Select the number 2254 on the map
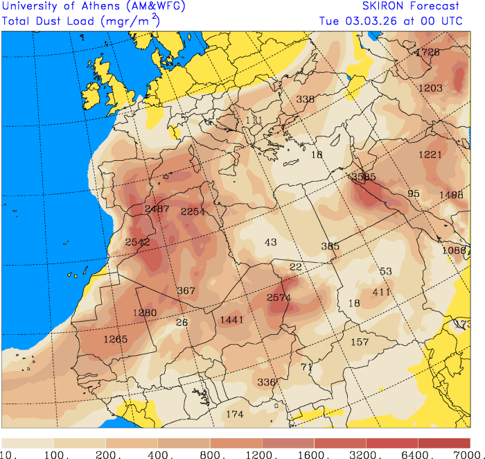coord(193,211)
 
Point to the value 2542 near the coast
coord(137,242)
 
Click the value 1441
coord(232,320)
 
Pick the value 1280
coord(145,313)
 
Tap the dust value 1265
coord(116,339)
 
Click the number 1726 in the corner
coord(427,53)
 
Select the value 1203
coord(430,88)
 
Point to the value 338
coord(306,99)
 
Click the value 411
coord(382,292)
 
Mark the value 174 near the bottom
coord(235,414)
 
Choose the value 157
coord(360,342)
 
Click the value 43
coord(271,242)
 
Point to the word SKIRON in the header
coord(380,7)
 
